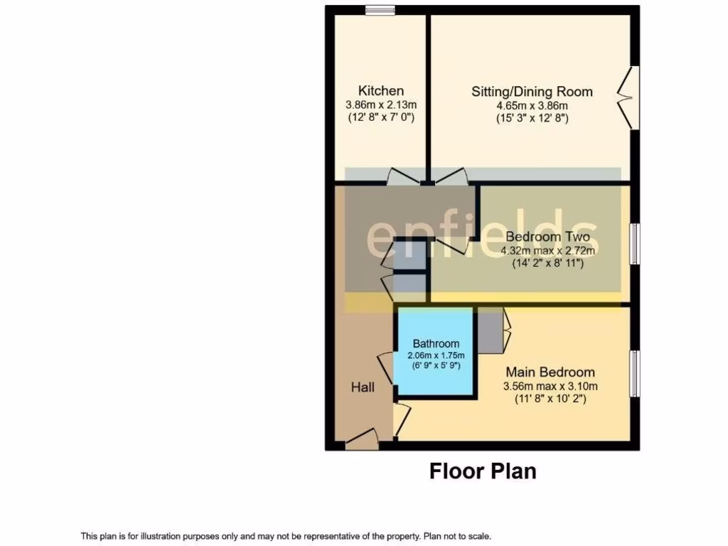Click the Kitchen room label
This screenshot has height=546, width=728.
pos(381,91)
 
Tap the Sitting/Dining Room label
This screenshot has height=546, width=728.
pos(532,92)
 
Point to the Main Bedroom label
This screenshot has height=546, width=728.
pos(550,372)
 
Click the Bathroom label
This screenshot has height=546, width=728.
pos(436,343)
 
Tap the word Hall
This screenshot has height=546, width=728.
pos(363,387)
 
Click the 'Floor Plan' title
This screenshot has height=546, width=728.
pos(482,471)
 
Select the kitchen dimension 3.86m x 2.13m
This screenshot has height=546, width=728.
pos(381,105)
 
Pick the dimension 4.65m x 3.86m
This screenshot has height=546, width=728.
pos(532,105)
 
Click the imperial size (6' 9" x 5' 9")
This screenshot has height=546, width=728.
pos(436,365)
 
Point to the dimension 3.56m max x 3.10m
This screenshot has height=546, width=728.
pos(550,386)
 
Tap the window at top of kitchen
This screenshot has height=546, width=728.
pos(380,9)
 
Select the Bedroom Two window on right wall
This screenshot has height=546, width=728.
pos(635,245)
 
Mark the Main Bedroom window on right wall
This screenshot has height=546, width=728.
pos(635,373)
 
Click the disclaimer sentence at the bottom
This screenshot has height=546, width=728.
pos(286,536)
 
